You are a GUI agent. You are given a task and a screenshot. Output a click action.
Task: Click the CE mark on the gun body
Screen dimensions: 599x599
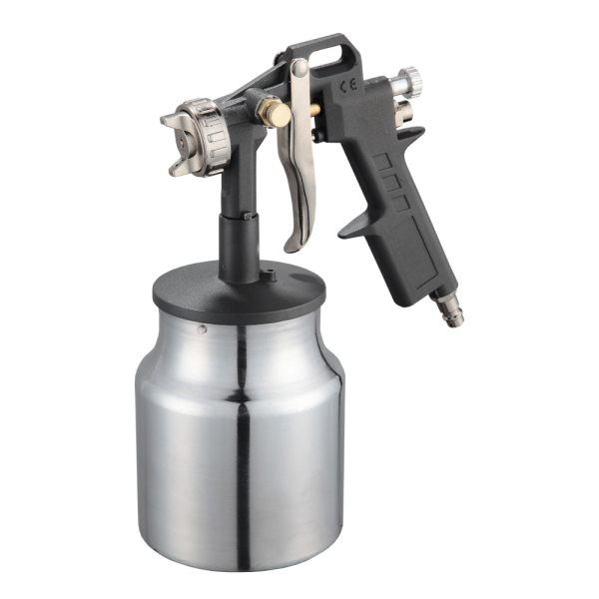pyautogui.click(x=348, y=85)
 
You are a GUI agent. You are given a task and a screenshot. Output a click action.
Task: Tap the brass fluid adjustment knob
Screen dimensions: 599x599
pyautogui.click(x=278, y=114)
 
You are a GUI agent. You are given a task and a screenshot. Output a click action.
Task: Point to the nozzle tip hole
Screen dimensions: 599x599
pyautogui.click(x=184, y=140)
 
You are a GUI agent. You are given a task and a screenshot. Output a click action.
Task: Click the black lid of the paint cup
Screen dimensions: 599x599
pyautogui.click(x=240, y=292)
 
